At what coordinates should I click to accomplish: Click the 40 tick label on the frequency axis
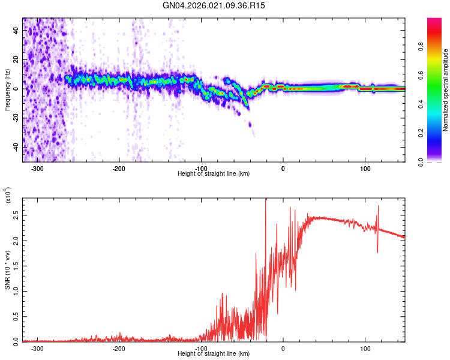[16, 31]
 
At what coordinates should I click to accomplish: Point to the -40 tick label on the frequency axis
[14, 147]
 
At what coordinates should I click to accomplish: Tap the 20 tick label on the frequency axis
[16, 60]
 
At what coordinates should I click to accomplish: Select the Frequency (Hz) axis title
[7, 89]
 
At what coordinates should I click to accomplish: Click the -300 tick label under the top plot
[37, 169]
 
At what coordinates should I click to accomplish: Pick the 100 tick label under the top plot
[365, 169]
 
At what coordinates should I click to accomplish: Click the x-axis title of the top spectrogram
[214, 174]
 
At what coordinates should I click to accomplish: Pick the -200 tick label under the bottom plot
[119, 348]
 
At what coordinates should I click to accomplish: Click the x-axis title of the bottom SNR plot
[214, 354]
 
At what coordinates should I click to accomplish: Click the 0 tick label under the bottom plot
[283, 348]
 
